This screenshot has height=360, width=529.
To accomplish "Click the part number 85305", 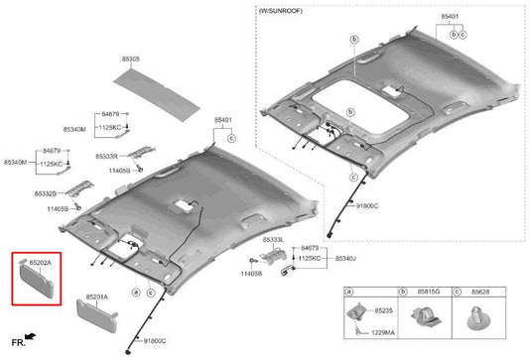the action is (x=131, y=59).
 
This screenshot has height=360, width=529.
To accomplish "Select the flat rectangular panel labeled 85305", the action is (x=157, y=95).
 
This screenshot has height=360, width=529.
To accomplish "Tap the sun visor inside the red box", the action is (x=37, y=281).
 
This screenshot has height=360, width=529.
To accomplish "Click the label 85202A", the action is (x=41, y=263).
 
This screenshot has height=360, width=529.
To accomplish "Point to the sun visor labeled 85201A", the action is (x=97, y=315).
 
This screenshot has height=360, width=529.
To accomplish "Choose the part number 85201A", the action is (x=97, y=297).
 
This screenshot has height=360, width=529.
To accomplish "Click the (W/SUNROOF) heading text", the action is (x=281, y=11).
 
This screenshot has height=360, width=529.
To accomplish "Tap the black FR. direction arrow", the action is (x=31, y=336).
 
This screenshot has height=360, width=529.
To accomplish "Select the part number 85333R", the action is (x=106, y=157).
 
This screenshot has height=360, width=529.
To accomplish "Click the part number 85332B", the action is (x=46, y=193).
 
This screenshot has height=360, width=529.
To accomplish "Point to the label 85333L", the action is (x=274, y=240).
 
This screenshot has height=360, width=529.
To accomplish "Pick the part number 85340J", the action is (x=345, y=258).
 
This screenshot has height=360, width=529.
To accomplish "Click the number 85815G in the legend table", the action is (x=429, y=292).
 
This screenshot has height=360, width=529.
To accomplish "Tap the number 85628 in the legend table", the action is (x=480, y=292).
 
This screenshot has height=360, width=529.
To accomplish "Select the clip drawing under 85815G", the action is (x=425, y=316).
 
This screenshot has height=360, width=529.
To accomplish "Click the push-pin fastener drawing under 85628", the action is (x=478, y=318).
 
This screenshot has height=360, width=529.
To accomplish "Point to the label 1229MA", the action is (x=383, y=332).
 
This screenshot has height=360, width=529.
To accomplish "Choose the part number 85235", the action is (x=383, y=310).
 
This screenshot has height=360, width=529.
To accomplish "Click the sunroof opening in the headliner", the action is (x=360, y=107).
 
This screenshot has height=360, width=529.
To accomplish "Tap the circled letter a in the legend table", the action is (x=350, y=292).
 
